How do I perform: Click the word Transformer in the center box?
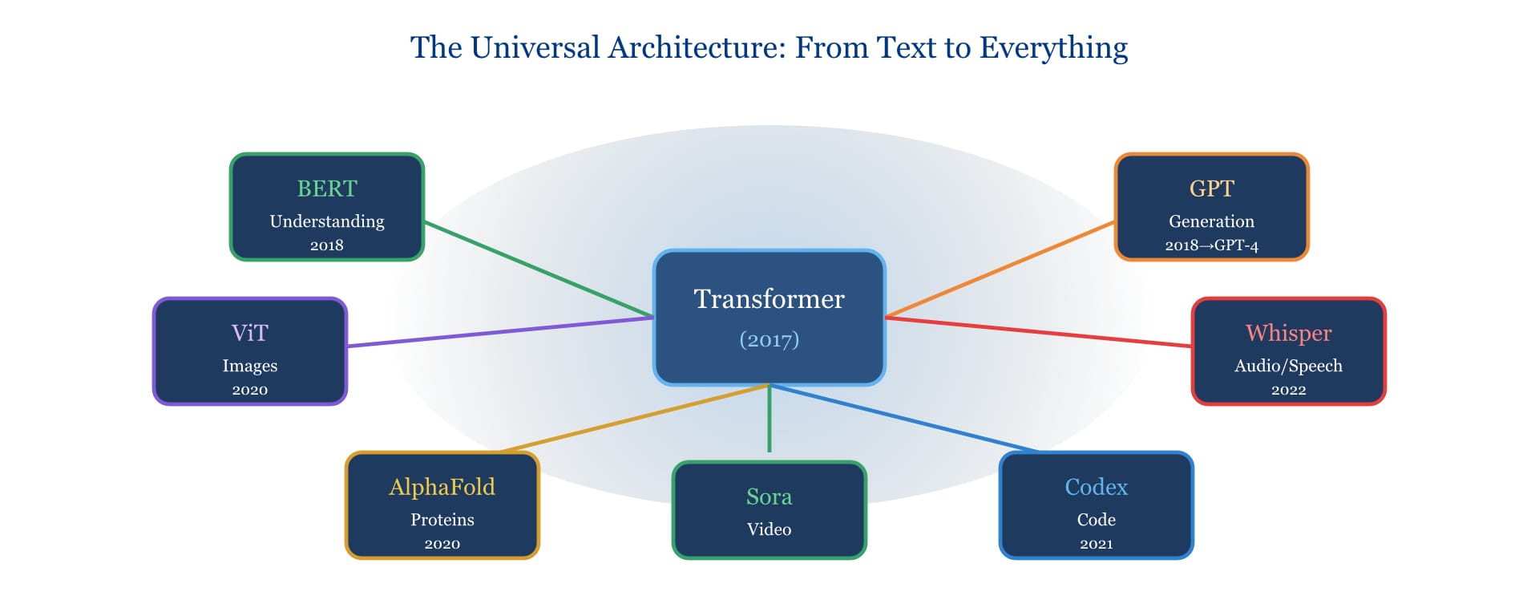coord(769,299)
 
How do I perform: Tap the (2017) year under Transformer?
coord(769,339)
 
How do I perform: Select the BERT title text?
coord(327,188)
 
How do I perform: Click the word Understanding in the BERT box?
coord(327,221)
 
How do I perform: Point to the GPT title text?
coord(1211,188)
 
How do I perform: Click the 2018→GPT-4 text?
coord(1211,245)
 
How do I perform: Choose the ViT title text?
coord(249,333)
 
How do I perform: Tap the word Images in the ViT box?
coord(249,366)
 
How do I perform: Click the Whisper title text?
coord(1288,333)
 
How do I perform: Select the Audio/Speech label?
coord(1288,366)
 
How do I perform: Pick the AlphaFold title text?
coord(442,487)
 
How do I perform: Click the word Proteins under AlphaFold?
coord(442,520)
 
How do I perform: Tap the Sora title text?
coord(769,496)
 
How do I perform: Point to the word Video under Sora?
coord(769,529)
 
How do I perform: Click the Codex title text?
coord(1096,487)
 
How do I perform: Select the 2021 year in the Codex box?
coord(1096,544)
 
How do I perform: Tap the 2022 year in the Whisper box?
coord(1288,390)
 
